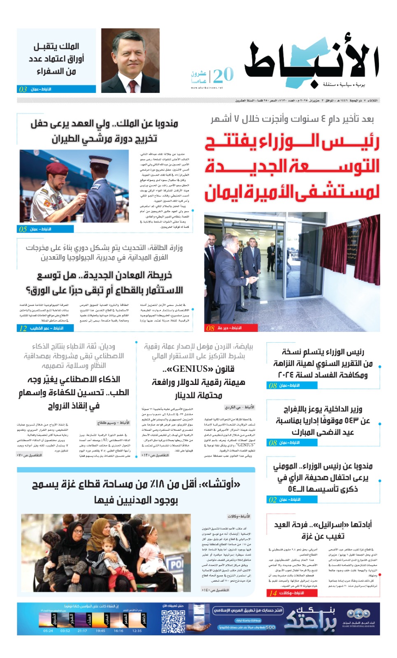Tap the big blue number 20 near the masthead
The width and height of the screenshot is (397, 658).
(x=223, y=75)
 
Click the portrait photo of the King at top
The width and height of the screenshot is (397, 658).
(x=130, y=60)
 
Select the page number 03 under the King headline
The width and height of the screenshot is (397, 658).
(x=23, y=89)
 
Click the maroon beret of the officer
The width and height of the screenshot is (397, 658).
(x=56, y=168)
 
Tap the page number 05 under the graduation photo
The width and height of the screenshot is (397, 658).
(x=23, y=229)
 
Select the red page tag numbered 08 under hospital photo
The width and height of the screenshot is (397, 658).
(x=210, y=328)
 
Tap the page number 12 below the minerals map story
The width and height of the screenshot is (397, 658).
(x=23, y=328)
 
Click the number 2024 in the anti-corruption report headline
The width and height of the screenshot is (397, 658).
(x=287, y=375)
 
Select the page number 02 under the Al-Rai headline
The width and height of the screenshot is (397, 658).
(x=272, y=500)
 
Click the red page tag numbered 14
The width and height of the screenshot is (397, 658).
(x=273, y=593)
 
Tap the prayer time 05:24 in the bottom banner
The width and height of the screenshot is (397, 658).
(x=48, y=630)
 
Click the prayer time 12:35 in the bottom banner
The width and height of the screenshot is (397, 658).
(x=137, y=630)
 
